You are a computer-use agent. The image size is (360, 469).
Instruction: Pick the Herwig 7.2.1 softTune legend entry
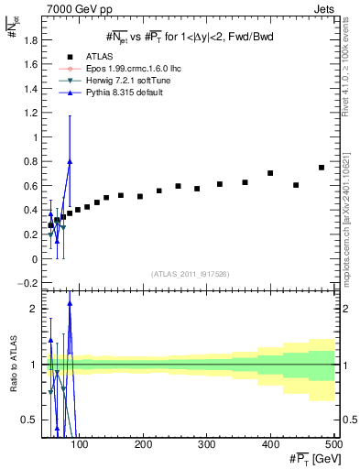tap(112, 81)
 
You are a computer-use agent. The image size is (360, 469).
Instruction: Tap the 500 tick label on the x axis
tap(333, 444)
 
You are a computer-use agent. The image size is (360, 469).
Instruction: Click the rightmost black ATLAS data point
tap(322, 168)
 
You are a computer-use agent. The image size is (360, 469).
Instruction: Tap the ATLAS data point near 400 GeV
tap(270, 173)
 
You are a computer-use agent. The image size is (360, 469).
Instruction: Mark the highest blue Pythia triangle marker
tap(70, 161)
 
